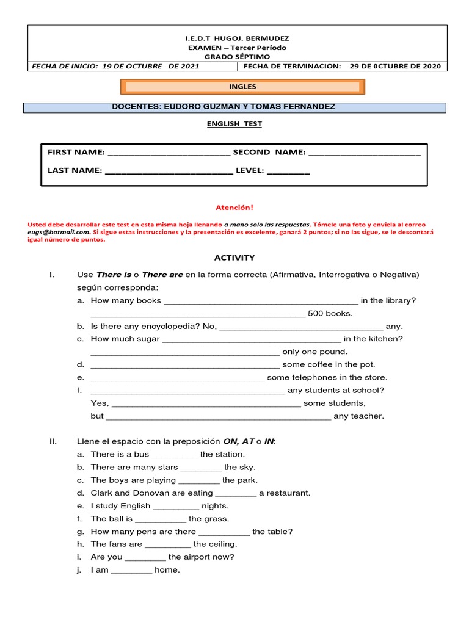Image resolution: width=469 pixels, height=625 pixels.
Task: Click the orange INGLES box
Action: click(242, 87)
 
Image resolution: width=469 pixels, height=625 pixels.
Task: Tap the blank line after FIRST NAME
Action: click(168, 153)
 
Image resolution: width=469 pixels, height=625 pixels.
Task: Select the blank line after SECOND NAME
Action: click(365, 153)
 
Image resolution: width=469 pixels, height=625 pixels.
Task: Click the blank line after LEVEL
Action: click(288, 172)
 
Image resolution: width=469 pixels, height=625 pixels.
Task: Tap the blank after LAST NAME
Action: click(169, 172)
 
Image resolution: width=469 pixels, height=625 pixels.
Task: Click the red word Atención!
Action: click(235, 208)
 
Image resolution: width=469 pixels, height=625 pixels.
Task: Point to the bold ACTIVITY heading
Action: click(234, 258)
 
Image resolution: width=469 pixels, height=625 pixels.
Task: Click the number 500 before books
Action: click(316, 313)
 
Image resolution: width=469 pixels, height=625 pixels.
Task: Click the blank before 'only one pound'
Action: click(185, 352)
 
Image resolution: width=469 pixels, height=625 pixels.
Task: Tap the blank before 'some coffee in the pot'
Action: click(185, 365)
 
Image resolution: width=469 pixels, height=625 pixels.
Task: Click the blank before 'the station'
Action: click(174, 455)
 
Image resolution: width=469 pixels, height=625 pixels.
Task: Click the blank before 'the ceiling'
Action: click(168, 544)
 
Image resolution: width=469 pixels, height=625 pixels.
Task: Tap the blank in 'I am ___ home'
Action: click(132, 571)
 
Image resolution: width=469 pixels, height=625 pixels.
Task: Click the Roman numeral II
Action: click(53, 441)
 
